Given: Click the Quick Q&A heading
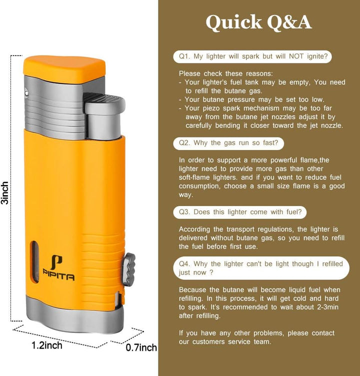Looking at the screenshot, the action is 258,22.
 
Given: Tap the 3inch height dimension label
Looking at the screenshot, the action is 5,193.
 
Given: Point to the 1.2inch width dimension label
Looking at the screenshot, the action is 47,345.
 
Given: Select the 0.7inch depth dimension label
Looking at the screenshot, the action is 141,347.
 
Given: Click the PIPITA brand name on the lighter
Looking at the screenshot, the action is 58,276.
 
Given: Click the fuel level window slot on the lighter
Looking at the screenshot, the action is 35,261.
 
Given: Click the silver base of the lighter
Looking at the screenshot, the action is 74,314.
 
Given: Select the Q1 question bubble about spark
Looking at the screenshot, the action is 252,56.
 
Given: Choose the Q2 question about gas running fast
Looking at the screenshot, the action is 228,143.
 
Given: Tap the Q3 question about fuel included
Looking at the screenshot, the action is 240,212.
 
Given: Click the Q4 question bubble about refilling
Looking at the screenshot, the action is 261,268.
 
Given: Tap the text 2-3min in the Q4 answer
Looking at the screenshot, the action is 327,307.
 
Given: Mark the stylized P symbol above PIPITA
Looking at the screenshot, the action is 56,262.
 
